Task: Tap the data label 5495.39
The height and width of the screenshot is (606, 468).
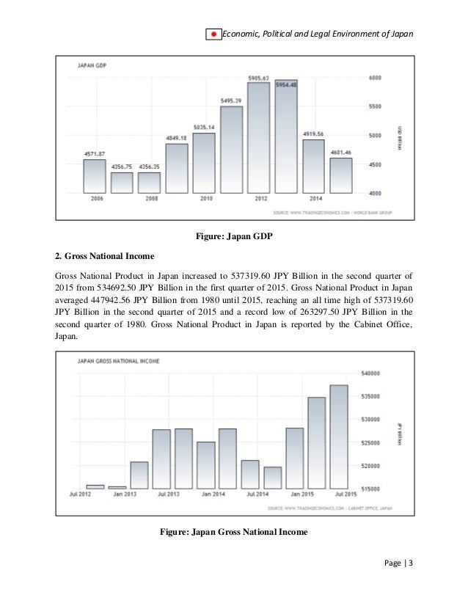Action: point(231,100)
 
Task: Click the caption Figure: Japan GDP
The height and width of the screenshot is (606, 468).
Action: point(233,237)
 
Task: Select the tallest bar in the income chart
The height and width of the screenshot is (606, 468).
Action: point(338,437)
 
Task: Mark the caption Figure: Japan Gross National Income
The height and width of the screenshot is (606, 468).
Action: point(233,531)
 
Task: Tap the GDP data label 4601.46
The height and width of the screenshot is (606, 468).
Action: point(341,152)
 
